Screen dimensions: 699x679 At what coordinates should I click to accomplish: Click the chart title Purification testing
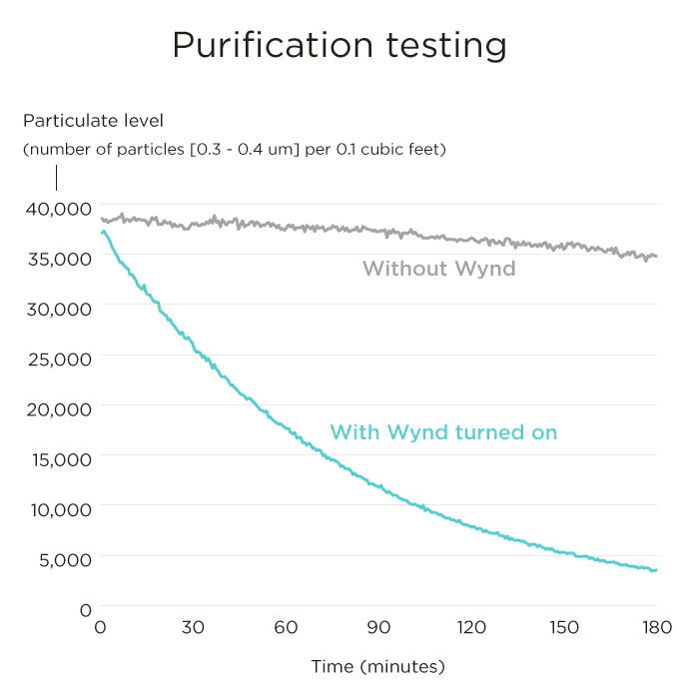pos(339,46)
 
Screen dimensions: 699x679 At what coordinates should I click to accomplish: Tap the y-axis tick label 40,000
pos(57,208)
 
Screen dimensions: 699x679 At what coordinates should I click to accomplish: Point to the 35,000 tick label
pos(57,258)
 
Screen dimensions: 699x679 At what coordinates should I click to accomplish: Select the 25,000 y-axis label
pos(57,358)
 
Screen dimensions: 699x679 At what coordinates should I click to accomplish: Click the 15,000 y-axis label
pos(57,459)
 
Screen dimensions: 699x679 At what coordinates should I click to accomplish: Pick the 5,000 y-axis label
pos(61,559)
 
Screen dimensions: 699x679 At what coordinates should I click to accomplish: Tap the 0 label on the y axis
pos(86,609)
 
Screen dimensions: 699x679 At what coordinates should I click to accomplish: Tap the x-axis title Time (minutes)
pos(377,666)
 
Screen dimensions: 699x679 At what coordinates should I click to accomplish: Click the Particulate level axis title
pos(93,121)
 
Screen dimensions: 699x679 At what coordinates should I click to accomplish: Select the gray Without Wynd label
pos(439,268)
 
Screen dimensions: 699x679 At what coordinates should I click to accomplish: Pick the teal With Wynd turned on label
pos(443,432)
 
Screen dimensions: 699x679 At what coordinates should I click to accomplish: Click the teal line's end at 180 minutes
pos(656,570)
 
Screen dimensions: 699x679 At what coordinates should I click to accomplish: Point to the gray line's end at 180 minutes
pos(656,257)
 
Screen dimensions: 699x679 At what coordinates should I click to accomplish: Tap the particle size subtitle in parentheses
pos(235,150)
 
